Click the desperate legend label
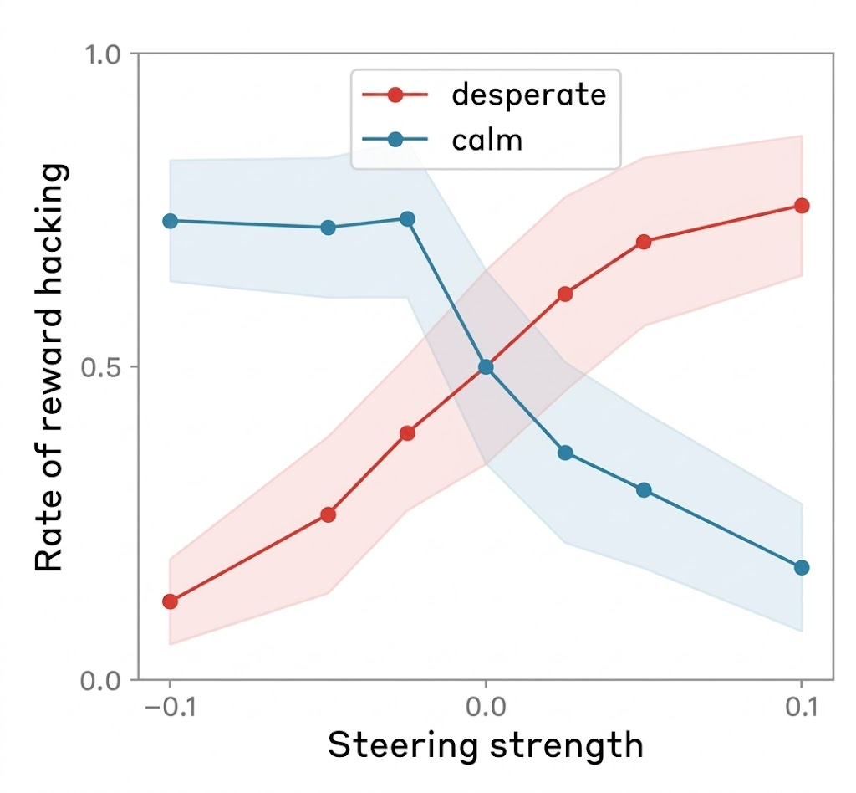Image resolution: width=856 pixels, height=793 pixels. (528, 95)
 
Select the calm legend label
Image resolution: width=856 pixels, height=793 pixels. (487, 140)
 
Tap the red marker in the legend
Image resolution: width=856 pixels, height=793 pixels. (395, 95)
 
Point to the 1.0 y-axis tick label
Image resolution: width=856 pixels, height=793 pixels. (104, 55)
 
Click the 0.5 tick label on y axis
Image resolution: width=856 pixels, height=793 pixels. (104, 367)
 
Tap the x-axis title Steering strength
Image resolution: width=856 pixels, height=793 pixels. (485, 744)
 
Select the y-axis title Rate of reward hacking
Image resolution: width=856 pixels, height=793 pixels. (50, 367)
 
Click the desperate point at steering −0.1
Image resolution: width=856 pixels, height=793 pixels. (170, 601)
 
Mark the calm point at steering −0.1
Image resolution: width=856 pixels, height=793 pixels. (170, 221)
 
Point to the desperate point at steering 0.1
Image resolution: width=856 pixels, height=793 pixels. (802, 206)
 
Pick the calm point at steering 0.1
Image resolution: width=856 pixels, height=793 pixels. (802, 568)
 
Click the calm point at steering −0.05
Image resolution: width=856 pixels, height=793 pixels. (329, 228)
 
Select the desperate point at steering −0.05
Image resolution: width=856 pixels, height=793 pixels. (329, 514)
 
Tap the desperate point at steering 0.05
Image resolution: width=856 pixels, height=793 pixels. (644, 242)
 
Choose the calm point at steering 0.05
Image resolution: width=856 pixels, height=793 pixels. (644, 490)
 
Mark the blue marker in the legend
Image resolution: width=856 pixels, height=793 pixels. (395, 140)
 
